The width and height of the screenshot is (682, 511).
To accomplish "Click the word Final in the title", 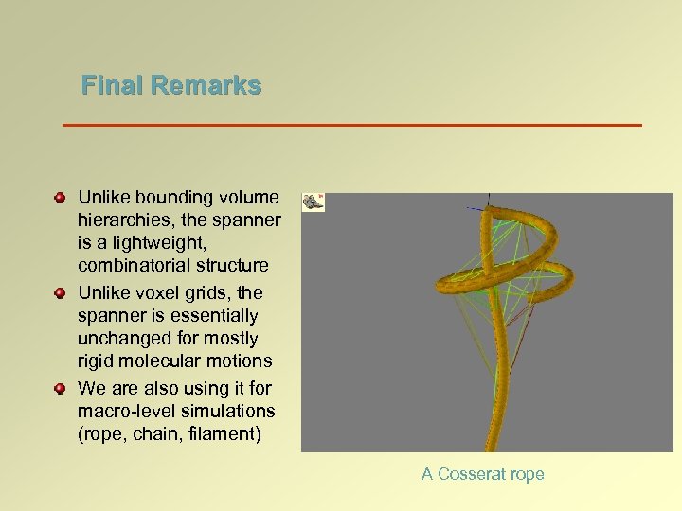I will coord(106,86).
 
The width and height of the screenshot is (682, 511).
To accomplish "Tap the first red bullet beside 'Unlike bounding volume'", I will coord(60,198).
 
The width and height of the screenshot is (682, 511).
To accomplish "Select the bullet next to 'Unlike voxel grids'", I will coord(60,293).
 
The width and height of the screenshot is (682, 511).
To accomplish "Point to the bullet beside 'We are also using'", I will coord(60,389).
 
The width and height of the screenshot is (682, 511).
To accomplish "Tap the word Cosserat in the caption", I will coord(470,474).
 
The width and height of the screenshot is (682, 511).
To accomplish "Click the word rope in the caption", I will coord(527,475).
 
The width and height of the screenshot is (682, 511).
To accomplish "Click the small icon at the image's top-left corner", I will coord(314,202).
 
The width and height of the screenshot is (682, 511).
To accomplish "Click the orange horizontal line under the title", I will coord(351,125).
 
